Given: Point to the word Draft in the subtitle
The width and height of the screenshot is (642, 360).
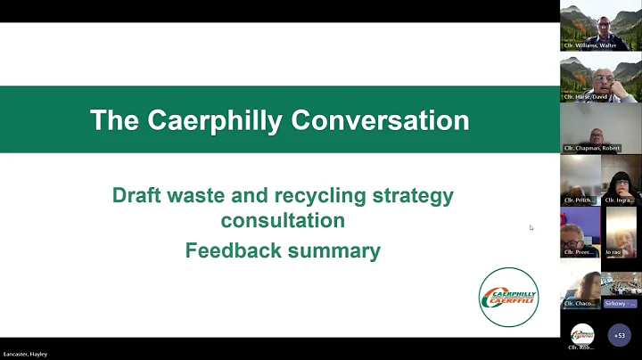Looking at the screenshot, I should tap(137, 195).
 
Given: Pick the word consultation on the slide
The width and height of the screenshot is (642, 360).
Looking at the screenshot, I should tap(283, 219).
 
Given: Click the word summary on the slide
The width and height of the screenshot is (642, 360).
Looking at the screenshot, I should tap(333, 250).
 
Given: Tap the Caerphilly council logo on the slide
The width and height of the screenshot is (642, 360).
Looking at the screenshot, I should tap(508, 296).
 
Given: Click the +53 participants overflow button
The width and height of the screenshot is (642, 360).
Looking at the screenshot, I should tap(620, 336).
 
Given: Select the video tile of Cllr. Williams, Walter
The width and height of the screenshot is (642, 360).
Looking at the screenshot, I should tap(601, 25).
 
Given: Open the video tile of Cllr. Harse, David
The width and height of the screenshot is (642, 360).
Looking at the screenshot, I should tap(601, 78).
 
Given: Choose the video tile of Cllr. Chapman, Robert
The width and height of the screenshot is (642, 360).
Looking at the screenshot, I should tap(601, 129).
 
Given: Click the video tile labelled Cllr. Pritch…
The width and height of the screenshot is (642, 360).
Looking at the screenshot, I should tap(580, 181).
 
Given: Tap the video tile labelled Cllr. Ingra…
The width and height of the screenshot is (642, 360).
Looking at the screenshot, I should tap(621, 181).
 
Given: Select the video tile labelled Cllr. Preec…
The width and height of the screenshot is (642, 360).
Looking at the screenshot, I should tap(580, 233).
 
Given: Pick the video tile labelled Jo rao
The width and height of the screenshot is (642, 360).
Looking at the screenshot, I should tap(621, 233).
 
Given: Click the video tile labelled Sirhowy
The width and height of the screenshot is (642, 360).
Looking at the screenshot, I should tap(621, 285).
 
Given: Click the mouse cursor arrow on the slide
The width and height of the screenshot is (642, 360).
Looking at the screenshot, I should tap(531, 227).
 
